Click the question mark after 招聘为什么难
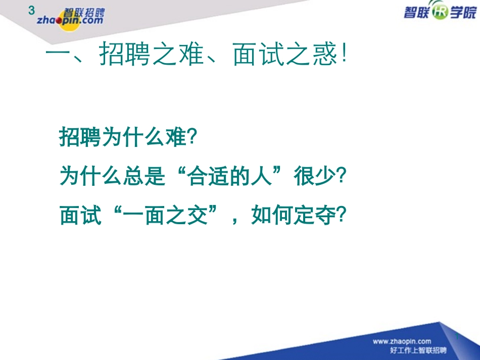pos(190,137)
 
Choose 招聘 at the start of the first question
pos(75,137)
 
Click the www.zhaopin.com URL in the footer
pos(402,342)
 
